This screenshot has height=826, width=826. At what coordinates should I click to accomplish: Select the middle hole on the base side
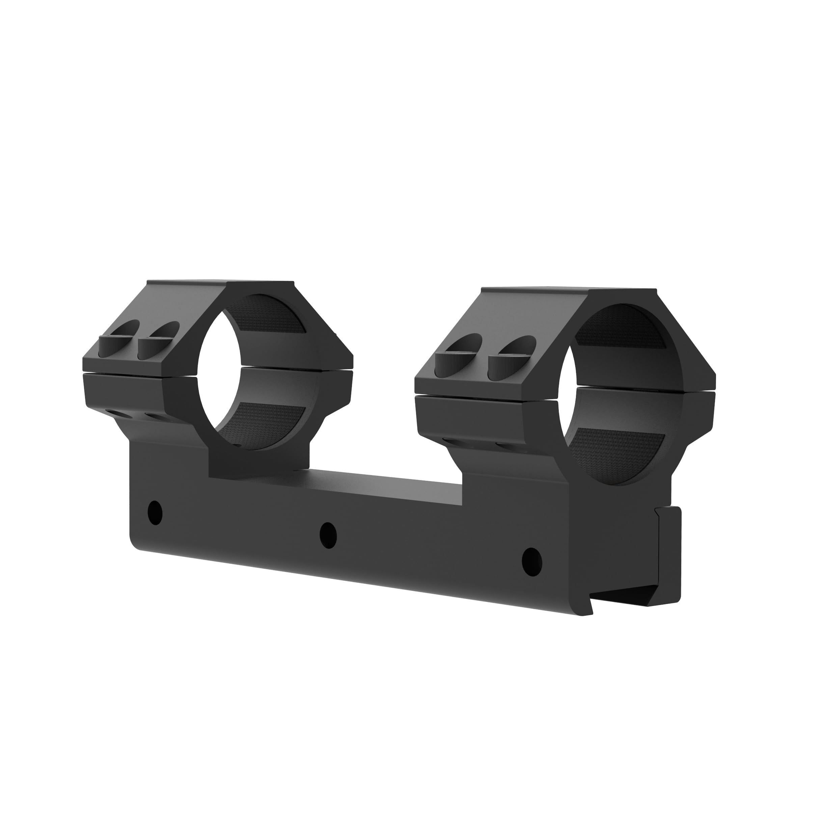click(x=328, y=534)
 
